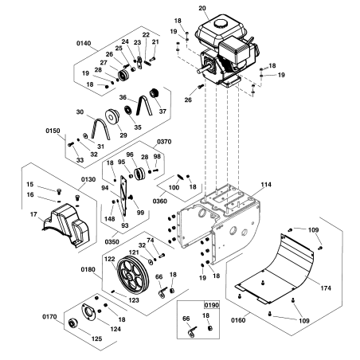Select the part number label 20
click(202, 8)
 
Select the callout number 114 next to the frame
click(265, 184)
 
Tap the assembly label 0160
click(237, 321)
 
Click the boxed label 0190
click(211, 304)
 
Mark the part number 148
click(110, 220)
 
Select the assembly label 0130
click(88, 180)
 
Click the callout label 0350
click(111, 237)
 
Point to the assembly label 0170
click(50, 316)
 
